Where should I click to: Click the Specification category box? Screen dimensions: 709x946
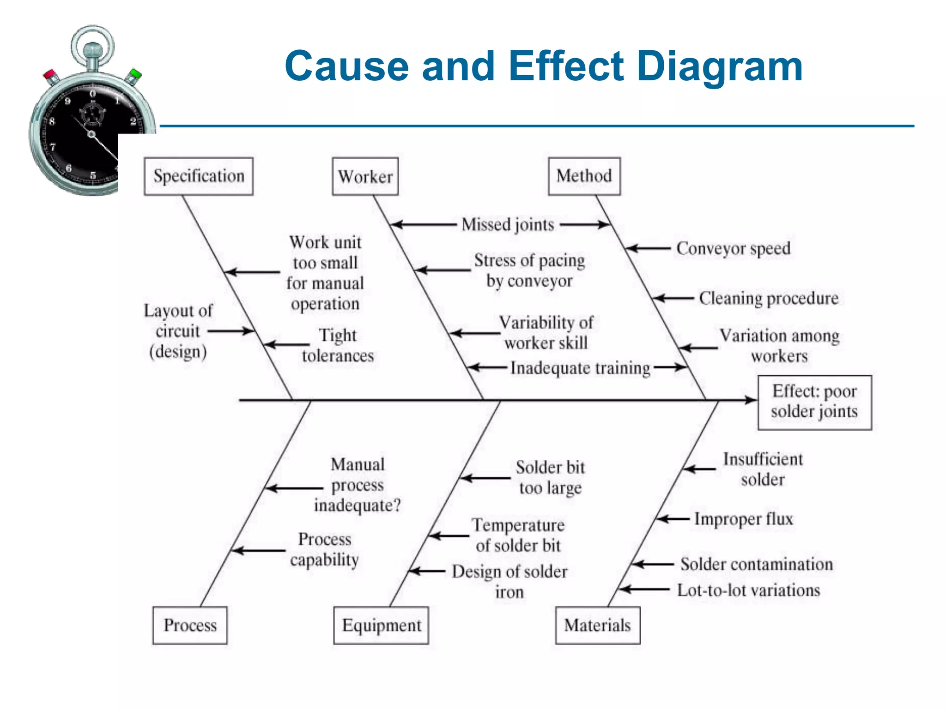199,176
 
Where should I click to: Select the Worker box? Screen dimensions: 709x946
365,176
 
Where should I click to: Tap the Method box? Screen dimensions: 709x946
584,176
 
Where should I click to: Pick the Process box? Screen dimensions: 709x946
190,625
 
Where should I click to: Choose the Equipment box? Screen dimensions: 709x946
381,625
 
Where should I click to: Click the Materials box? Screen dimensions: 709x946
597,625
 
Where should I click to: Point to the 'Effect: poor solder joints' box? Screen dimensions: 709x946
814,402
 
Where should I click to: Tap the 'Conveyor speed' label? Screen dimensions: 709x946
733,248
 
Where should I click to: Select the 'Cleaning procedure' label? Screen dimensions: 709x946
768,298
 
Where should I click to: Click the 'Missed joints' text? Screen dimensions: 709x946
508,225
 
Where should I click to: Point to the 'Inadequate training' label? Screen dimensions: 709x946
580,368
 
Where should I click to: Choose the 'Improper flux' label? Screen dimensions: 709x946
743,519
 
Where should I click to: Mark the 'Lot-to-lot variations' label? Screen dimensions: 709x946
748,590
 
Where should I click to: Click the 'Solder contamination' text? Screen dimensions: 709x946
756,564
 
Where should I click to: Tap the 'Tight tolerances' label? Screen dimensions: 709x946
338,345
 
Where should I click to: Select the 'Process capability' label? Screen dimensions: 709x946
324,549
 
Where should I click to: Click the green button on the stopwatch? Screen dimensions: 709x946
135,74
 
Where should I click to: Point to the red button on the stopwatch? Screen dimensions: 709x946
49,74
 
